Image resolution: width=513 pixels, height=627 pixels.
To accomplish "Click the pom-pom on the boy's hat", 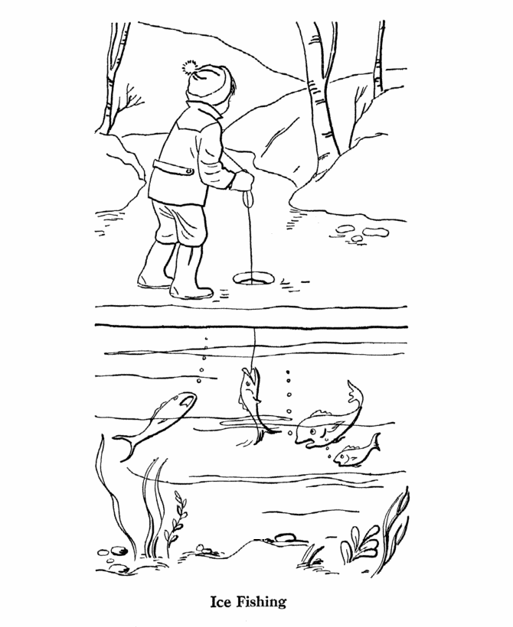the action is point(189,67).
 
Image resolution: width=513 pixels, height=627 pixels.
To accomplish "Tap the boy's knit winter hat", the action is point(208,82).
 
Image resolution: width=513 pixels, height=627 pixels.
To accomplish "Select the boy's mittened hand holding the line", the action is point(242,180).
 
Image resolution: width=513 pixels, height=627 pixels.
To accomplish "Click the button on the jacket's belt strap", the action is point(189,172).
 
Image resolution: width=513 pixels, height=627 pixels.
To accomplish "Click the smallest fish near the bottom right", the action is point(356,452).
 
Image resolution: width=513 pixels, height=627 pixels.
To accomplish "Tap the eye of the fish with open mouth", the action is point(312,431).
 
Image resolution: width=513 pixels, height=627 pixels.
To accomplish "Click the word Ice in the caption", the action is point(220,602).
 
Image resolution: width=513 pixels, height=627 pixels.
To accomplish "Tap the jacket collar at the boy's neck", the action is point(204,110).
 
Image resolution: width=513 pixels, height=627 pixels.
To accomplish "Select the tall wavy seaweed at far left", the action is point(112,495).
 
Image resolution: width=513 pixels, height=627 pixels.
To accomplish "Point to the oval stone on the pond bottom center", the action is point(283,536).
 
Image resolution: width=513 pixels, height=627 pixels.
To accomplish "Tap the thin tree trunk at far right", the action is point(378,60).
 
